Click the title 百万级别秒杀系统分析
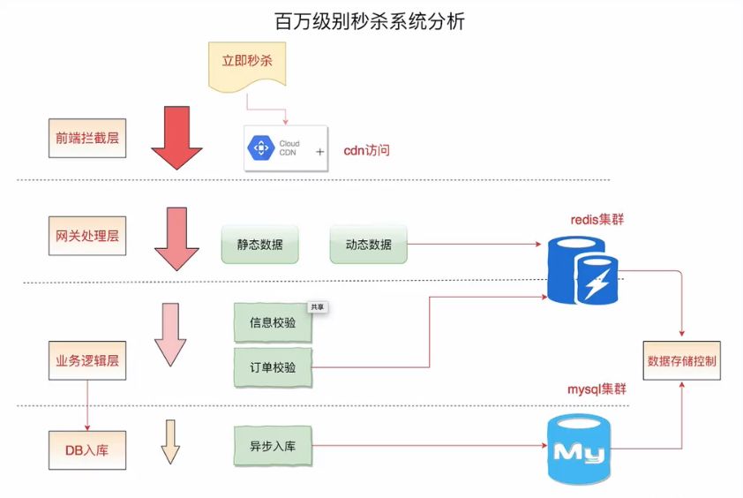click(x=370, y=21)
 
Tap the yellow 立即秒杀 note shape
click(x=246, y=64)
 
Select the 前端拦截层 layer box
click(x=86, y=139)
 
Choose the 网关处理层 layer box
click(x=86, y=238)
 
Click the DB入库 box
click(x=86, y=449)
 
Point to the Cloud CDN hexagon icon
click(x=263, y=149)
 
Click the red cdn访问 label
click(x=366, y=150)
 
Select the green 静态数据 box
click(x=259, y=245)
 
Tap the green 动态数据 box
click(x=369, y=245)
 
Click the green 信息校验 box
click(x=273, y=324)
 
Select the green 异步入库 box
click(x=273, y=446)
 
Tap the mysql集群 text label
click(x=596, y=389)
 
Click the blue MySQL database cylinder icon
click(x=578, y=451)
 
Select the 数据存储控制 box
click(x=682, y=361)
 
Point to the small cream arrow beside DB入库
click(x=170, y=442)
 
